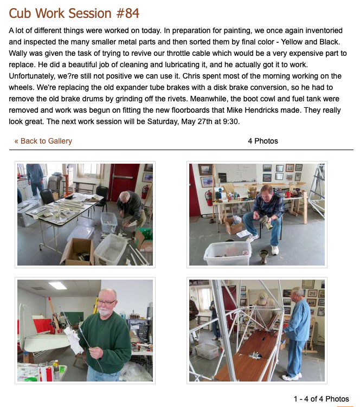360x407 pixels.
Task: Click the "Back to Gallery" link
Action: [x=43, y=141]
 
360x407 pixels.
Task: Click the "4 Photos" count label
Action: [x=263, y=141]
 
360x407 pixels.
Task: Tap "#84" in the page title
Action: [x=128, y=13]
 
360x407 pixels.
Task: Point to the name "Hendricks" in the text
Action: [x=261, y=110]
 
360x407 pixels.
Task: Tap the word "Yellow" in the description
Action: [x=292, y=42]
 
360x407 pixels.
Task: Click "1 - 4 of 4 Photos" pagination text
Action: [x=322, y=399]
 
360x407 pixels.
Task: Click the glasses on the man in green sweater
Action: [x=106, y=302]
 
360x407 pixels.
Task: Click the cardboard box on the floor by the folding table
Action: [x=78, y=251]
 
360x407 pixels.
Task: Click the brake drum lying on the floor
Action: [x=263, y=256]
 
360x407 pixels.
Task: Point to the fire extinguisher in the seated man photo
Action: [x=209, y=198]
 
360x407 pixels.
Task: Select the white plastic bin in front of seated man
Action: [x=228, y=253]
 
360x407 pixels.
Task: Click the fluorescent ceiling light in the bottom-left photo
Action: [x=62, y=285]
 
